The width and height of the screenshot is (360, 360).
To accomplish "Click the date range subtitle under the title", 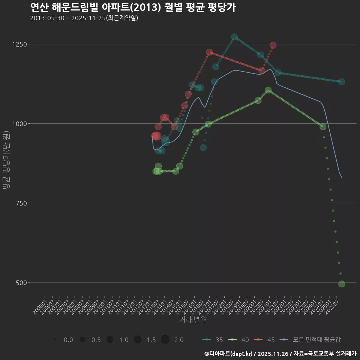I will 84,18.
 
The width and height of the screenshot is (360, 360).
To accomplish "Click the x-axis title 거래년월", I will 193,320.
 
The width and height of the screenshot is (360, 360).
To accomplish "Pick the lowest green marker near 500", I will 342,284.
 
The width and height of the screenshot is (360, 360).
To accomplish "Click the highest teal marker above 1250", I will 234,37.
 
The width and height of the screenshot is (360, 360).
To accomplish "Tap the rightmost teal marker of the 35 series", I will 342,82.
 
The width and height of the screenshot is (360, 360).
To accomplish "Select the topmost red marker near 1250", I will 273,45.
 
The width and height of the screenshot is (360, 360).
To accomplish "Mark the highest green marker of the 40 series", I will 268,90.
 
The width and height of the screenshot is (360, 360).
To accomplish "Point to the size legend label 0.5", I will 96,340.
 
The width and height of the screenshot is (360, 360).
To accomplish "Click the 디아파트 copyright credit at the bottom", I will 280,354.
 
